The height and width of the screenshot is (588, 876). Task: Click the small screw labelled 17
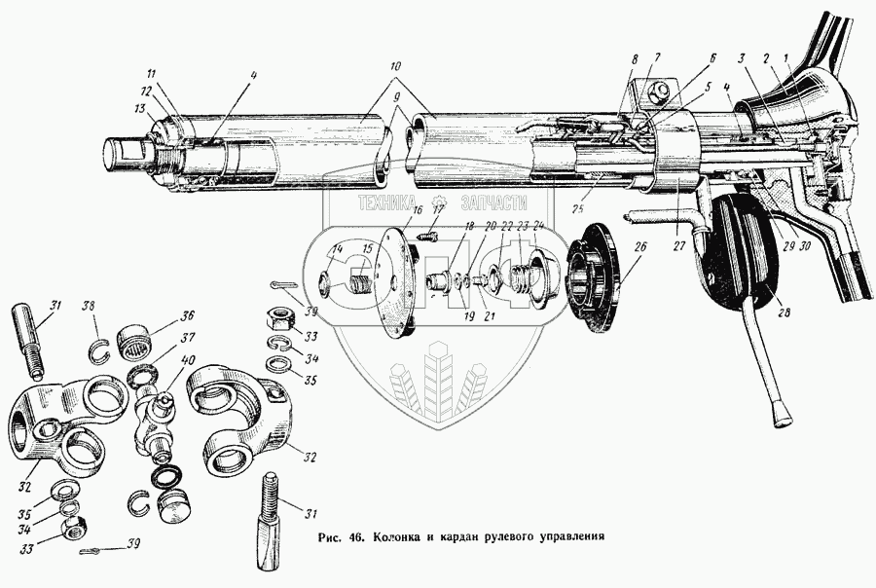[426, 234]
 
